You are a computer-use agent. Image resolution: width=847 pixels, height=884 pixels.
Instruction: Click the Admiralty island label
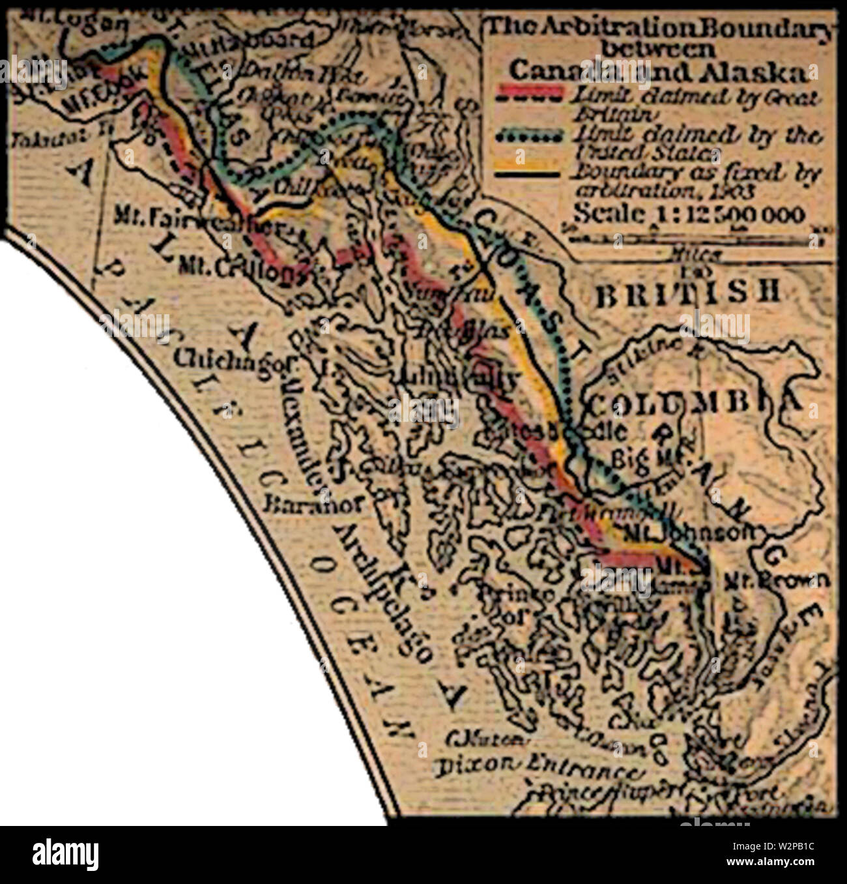pyautogui.click(x=456, y=377)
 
